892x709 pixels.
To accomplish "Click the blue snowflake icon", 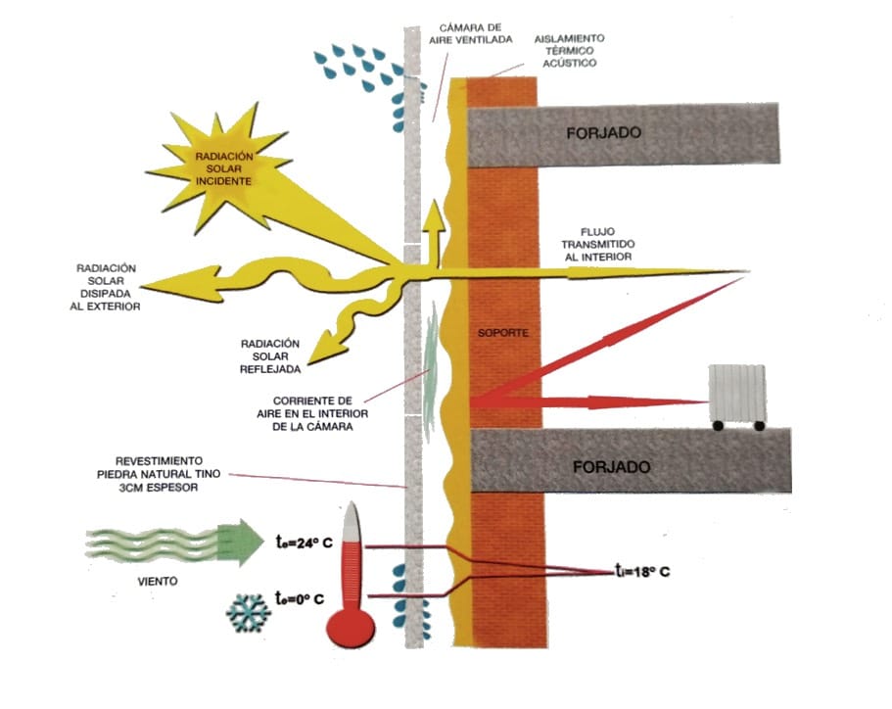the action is click(248, 613).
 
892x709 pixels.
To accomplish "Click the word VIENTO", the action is click(158, 581).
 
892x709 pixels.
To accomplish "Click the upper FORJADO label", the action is click(603, 132).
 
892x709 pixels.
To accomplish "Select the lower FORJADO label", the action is click(611, 467).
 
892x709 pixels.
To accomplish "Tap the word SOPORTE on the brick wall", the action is click(503, 333).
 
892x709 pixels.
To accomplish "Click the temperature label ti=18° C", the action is click(642, 571).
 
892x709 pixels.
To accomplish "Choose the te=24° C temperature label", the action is click(304, 543).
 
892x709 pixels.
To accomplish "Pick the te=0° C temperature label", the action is click(300, 598).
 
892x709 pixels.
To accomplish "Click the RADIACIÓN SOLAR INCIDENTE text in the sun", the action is click(224, 168).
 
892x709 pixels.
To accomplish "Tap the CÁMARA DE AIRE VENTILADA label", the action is click(470, 33).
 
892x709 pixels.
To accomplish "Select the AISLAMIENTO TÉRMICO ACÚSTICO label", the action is click(569, 51).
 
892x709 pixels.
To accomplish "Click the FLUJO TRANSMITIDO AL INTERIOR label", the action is click(598, 244).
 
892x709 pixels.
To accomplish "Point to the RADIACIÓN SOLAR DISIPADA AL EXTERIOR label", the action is click(105, 287).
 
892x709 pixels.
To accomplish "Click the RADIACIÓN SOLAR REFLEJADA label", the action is click(270, 356).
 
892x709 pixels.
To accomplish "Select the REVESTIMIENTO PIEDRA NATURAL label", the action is click(159, 474).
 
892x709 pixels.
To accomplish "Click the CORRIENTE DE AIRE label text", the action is click(312, 413).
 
